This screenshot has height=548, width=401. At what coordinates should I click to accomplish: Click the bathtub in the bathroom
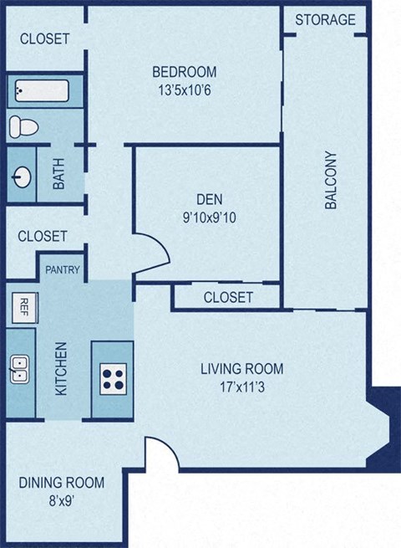(x=42, y=91)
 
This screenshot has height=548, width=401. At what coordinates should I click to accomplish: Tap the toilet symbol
(x=23, y=126)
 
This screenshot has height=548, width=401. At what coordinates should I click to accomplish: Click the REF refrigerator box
(x=25, y=307)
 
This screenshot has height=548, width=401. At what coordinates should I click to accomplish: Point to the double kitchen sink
(x=19, y=369)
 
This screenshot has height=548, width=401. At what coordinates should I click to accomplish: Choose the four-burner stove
(x=113, y=379)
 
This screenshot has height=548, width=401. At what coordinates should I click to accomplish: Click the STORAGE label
(x=325, y=20)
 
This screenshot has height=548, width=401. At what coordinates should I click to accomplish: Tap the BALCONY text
(x=331, y=180)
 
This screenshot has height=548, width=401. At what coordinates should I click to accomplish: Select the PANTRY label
(x=63, y=269)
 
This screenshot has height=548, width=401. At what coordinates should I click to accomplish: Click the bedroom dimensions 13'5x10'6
(x=185, y=90)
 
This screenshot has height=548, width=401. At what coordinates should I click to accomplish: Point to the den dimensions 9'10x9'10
(x=210, y=218)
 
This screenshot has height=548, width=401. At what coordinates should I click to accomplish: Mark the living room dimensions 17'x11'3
(x=242, y=387)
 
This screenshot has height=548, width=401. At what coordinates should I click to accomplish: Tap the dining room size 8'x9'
(x=62, y=501)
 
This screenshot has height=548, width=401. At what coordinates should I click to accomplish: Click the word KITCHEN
(x=61, y=369)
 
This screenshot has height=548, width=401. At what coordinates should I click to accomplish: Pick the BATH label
(x=58, y=174)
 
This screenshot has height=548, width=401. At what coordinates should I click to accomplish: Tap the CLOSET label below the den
(x=228, y=297)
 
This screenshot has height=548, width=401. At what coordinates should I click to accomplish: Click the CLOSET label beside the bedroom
(x=44, y=38)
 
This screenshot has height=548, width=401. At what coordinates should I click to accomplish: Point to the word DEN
(x=210, y=199)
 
